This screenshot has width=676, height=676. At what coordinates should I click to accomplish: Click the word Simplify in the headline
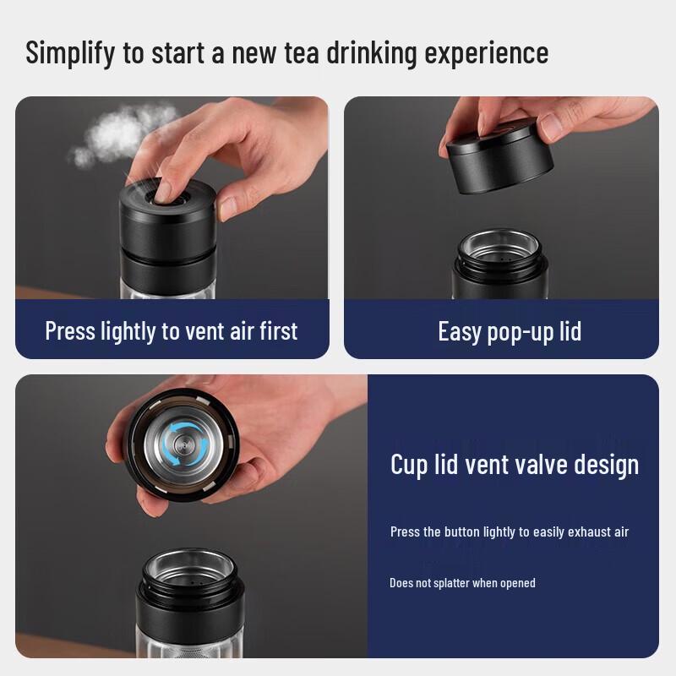(71, 53)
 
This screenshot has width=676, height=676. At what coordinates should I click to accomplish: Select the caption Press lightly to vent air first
(172, 330)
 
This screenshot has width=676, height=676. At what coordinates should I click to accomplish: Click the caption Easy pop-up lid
(510, 330)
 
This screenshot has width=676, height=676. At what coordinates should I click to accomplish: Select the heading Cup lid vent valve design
(514, 464)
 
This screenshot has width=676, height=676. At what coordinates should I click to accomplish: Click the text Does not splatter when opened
(462, 583)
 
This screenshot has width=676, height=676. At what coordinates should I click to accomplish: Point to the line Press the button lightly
(509, 532)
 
